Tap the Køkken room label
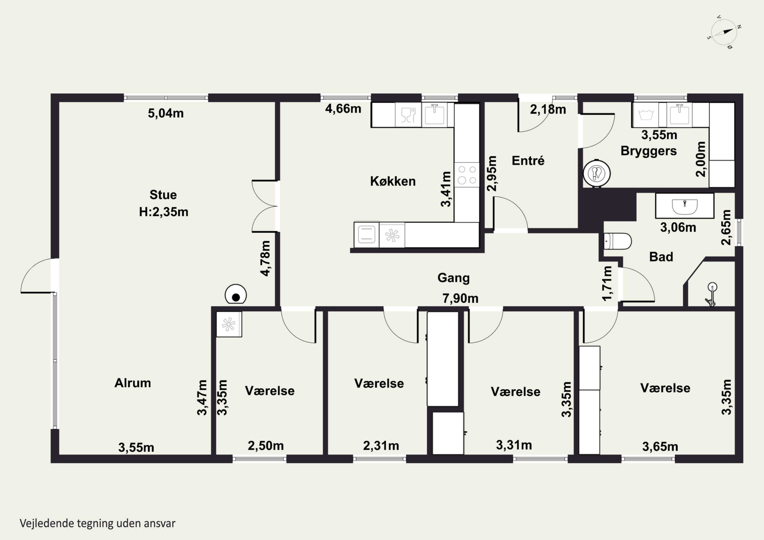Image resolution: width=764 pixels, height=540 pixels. (393, 181)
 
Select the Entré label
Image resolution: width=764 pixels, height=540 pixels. (528, 161)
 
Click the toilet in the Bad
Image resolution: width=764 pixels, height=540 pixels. (618, 241)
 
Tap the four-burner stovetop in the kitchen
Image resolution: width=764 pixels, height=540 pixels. (467, 175)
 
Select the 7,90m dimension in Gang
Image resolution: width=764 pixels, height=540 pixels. (460, 298)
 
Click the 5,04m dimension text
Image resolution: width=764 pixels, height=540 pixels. (166, 114)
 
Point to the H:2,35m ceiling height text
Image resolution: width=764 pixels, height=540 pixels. (164, 212)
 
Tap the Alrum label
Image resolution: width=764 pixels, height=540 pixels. (132, 383)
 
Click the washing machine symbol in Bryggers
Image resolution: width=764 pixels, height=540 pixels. (646, 115)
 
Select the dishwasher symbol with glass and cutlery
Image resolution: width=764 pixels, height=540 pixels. (408, 115)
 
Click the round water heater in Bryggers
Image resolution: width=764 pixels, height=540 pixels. (597, 173)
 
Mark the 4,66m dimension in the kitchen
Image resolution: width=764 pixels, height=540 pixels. (343, 109)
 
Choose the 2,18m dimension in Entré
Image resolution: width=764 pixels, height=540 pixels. (548, 109)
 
